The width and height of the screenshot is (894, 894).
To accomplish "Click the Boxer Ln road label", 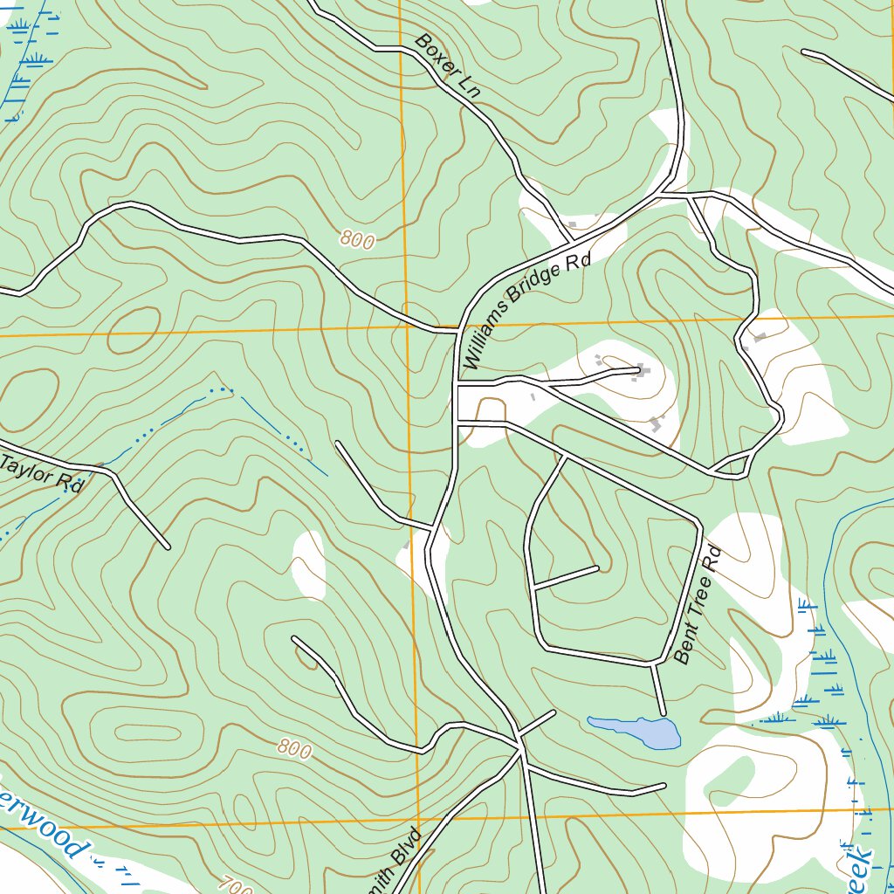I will tap(447, 65).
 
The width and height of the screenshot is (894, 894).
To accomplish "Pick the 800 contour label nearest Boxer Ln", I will tap(357, 239).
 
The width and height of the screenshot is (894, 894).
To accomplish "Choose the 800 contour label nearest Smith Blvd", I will tap(295, 748).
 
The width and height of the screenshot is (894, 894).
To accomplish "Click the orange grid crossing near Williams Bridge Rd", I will tap(409, 329).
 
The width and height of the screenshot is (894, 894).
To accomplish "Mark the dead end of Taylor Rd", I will tap(168, 547).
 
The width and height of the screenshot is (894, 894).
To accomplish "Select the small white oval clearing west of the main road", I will tap(308, 565).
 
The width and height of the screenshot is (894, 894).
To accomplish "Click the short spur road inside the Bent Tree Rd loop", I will tap(566, 578).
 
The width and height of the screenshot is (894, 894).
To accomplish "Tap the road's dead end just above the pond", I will tap(664, 714).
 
